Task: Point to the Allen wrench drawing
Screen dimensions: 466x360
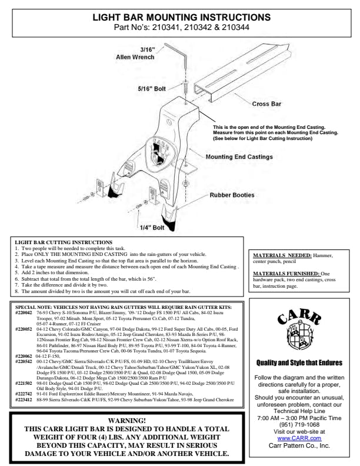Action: [x=182, y=58]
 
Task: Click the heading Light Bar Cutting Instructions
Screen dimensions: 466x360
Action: [x=64, y=242]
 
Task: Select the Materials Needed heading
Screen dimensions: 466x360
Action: [x=276, y=255]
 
